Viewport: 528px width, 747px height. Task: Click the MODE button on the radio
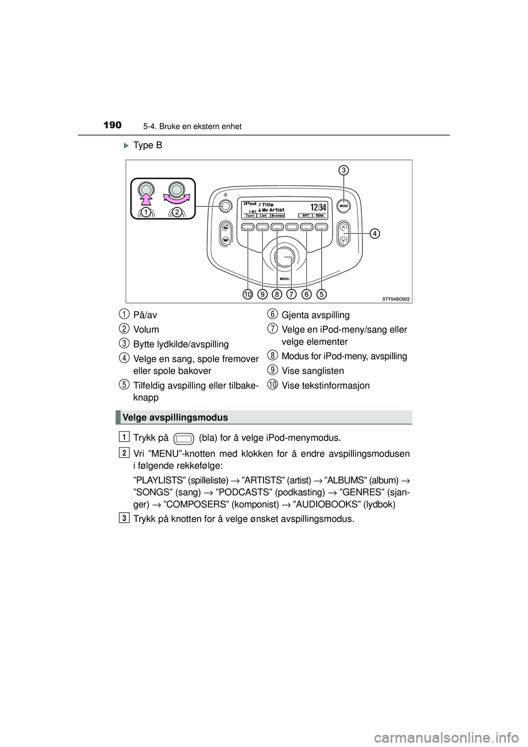pyautogui.click(x=344, y=205)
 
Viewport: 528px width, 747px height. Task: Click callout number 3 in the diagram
pyautogui.click(x=343, y=171)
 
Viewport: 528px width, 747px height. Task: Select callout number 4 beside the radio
pyautogui.click(x=373, y=233)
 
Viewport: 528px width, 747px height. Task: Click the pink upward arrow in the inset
pyautogui.click(x=147, y=194)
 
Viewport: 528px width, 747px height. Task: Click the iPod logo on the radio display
pyautogui.click(x=249, y=203)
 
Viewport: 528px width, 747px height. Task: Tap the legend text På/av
pyautogui.click(x=145, y=315)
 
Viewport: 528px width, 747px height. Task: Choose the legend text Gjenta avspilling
pyautogui.click(x=315, y=315)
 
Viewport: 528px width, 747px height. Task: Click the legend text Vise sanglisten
pyautogui.click(x=312, y=371)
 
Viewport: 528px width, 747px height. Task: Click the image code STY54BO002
pyautogui.click(x=396, y=298)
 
